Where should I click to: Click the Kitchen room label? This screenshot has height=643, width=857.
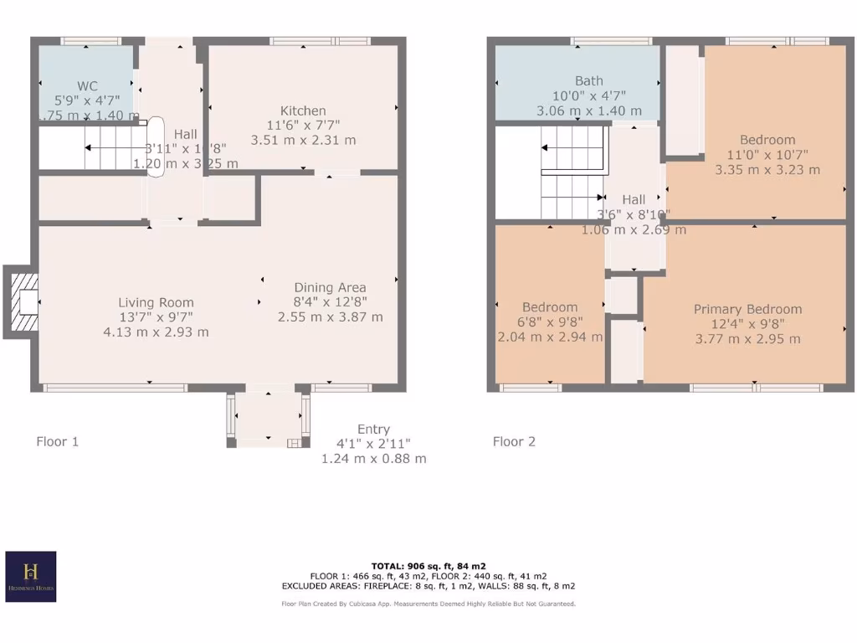click(x=303, y=111)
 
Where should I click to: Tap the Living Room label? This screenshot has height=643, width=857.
click(x=156, y=302)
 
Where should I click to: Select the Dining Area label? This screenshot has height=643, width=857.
click(x=330, y=287)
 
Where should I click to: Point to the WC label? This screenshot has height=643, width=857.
click(x=87, y=86)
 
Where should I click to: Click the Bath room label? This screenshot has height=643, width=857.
click(x=588, y=81)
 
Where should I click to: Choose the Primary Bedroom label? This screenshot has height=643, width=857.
click(x=747, y=309)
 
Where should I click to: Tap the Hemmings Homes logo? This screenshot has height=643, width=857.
click(x=31, y=576)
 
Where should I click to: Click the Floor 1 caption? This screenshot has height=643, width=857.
click(x=58, y=441)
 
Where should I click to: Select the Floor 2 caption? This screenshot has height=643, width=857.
click(x=514, y=441)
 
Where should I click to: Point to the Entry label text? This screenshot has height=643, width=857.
click(x=373, y=429)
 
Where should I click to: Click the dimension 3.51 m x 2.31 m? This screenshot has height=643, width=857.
click(x=303, y=140)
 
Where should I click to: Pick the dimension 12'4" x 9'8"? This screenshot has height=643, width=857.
click(x=747, y=324)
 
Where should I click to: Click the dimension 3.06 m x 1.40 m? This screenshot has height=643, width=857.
click(x=588, y=111)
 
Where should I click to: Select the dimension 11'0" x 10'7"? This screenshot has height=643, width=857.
click(x=767, y=155)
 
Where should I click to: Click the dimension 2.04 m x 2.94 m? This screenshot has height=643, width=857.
click(x=550, y=337)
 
